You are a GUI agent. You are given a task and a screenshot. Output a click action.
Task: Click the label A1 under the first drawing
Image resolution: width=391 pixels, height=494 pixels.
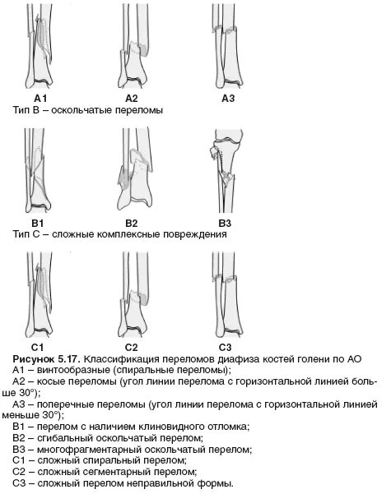[40, 99]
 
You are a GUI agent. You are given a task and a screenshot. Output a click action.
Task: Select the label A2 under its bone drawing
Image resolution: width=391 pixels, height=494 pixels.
[132, 99]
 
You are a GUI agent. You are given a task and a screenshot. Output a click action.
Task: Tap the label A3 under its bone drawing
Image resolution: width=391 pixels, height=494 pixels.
[228, 99]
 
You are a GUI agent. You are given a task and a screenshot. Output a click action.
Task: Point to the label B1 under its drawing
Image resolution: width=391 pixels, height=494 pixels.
[38, 224]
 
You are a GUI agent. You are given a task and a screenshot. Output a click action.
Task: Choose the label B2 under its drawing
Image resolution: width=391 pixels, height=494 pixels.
[132, 224]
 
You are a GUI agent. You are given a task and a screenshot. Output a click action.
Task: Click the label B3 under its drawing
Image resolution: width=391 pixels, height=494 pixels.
[225, 224]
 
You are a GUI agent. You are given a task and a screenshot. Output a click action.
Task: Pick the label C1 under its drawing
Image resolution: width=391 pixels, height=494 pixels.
[37, 348]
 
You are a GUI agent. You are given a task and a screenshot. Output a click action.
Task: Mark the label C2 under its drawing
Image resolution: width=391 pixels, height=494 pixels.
[131, 348]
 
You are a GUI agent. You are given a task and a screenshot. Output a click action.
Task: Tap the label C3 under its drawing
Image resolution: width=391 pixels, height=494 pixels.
[225, 348]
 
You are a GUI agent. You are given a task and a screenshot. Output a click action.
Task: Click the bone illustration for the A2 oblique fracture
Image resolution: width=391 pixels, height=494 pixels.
[133, 46]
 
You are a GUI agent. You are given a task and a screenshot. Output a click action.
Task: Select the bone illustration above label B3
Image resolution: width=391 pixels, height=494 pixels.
[226, 171]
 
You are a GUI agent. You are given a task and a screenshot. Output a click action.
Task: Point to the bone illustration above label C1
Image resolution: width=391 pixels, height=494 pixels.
[40, 294]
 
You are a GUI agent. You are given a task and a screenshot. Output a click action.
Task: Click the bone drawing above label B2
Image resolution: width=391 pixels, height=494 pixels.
[135, 169]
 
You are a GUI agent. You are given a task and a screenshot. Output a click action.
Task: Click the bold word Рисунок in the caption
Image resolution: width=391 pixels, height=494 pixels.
[33, 359]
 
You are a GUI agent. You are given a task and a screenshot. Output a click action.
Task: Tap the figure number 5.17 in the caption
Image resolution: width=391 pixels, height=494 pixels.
[69, 359]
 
